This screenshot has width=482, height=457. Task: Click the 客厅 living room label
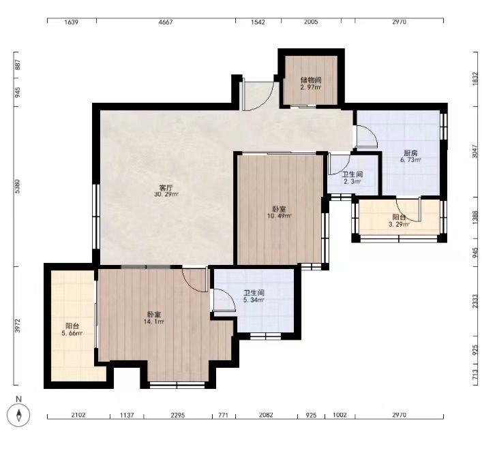pos(166,188)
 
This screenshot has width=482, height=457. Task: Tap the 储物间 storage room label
pos(311,80)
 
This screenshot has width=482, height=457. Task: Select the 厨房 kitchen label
pos(410,153)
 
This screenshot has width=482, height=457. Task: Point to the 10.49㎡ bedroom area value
pos(279,216)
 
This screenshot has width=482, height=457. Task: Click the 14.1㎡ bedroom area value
pos(153,321)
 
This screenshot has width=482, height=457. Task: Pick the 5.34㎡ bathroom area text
pos(254,300)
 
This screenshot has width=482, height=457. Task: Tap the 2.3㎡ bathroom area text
pos(352,182)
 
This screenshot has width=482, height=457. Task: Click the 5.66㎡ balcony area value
pos(72,333)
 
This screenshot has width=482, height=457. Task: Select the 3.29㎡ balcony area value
pos(399,224)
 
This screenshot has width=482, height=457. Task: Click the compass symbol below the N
pos(19,415)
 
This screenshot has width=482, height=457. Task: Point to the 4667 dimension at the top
pos(166,22)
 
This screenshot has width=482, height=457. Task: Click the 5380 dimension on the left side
pos(18,187)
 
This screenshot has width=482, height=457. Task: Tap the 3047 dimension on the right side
pos(475,151)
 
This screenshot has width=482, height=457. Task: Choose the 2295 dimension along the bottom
pos(178,415)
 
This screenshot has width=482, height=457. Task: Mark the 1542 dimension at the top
pos(258,22)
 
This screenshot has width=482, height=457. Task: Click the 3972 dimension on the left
pos(18,326)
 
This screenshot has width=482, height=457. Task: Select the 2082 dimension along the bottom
pos(266,415)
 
